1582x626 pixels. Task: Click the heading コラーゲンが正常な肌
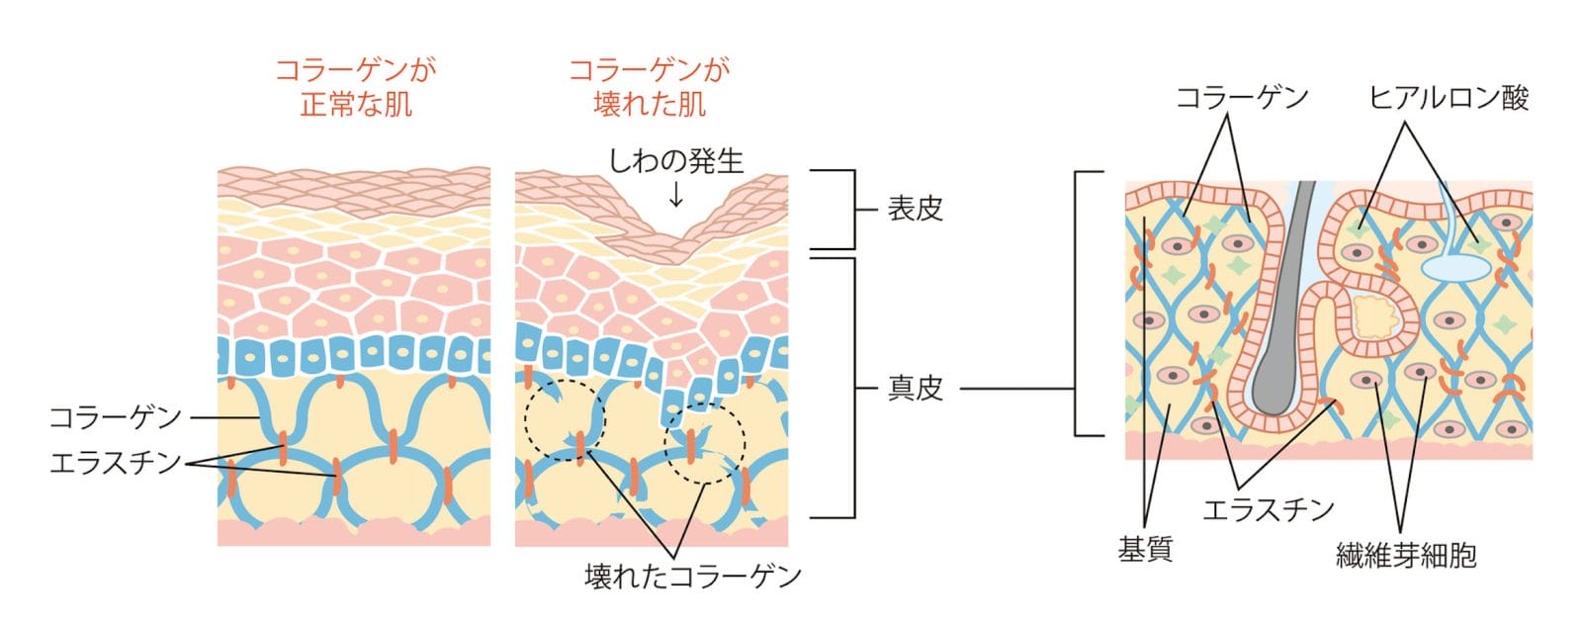click(x=355, y=87)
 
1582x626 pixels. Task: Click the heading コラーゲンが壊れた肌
click(x=650, y=87)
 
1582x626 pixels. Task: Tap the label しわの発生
click(x=675, y=160)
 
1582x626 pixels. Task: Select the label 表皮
click(x=915, y=210)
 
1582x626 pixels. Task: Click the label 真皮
click(x=915, y=389)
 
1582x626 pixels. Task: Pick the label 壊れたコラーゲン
click(x=692, y=576)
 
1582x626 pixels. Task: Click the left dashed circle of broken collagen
click(x=564, y=418)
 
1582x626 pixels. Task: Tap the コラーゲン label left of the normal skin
click(x=116, y=417)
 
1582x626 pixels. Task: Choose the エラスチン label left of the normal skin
click(x=116, y=462)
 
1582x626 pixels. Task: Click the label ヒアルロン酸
click(x=1449, y=98)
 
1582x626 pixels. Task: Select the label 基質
click(x=1145, y=549)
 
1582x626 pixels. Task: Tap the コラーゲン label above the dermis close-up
click(x=1242, y=98)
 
